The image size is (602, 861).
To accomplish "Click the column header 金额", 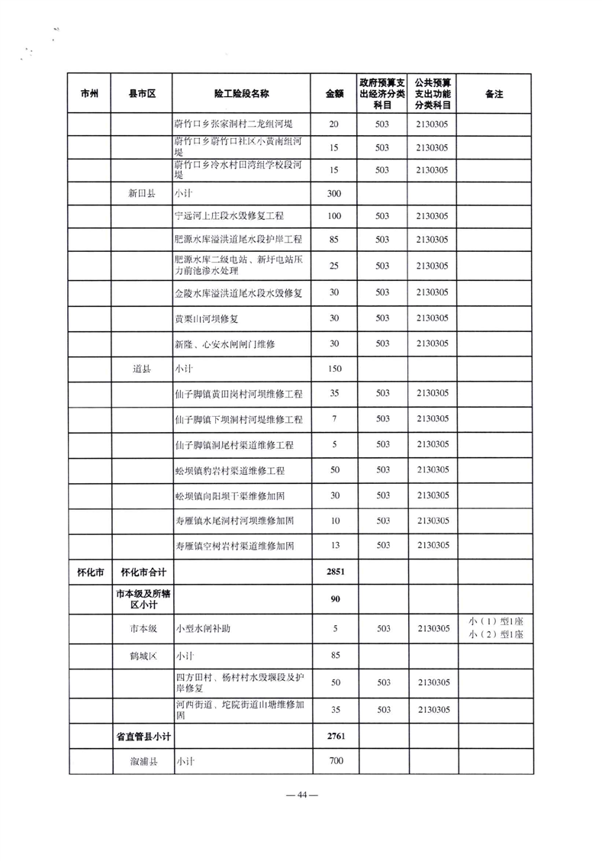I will pyautogui.click(x=334, y=94).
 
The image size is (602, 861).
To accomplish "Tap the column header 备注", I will pyautogui.click(x=495, y=94).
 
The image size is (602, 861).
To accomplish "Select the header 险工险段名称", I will pyautogui.click(x=242, y=94).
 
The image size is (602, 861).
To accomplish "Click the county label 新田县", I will pyautogui.click(x=142, y=194).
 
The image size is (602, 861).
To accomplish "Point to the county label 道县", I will pyautogui.click(x=142, y=369).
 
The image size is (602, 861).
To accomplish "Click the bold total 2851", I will pyautogui.click(x=334, y=572).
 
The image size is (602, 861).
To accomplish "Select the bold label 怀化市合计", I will pyautogui.click(x=143, y=572).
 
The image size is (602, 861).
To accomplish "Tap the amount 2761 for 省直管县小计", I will pyautogui.click(x=334, y=737).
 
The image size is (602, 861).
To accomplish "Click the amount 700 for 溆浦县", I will pyautogui.click(x=334, y=762).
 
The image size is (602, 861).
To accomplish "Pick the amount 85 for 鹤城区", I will pyautogui.click(x=334, y=656).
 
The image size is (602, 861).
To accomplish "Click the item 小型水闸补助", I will pyautogui.click(x=204, y=629).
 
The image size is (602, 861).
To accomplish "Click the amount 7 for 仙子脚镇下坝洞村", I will pyautogui.click(x=334, y=420).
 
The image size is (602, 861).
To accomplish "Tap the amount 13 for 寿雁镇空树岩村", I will pyautogui.click(x=334, y=546).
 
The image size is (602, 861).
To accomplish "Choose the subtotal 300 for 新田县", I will pyautogui.click(x=334, y=194).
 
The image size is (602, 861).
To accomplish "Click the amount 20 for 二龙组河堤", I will pyautogui.click(x=334, y=124).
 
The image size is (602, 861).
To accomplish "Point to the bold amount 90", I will pyautogui.click(x=334, y=599).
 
